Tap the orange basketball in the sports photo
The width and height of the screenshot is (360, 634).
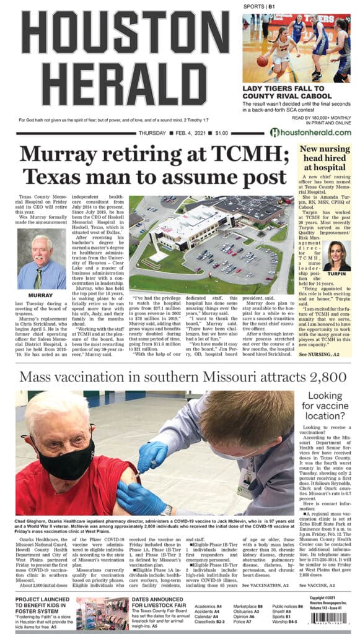tap(262, 61)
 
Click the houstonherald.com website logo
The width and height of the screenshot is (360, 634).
tap(310, 132)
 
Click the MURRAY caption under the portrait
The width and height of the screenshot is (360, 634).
tap(41, 295)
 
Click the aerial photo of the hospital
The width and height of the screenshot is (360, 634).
tap(211, 245)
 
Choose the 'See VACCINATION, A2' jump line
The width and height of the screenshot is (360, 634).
tap(265, 584)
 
